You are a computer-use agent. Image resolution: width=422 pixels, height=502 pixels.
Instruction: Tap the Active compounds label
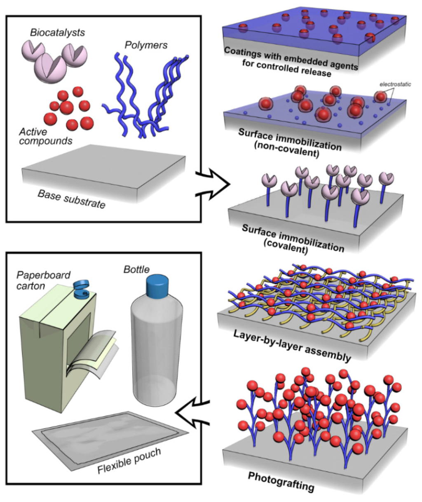[x=45, y=137]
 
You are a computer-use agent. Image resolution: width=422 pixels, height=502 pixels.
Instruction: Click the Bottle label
[x=136, y=270]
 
